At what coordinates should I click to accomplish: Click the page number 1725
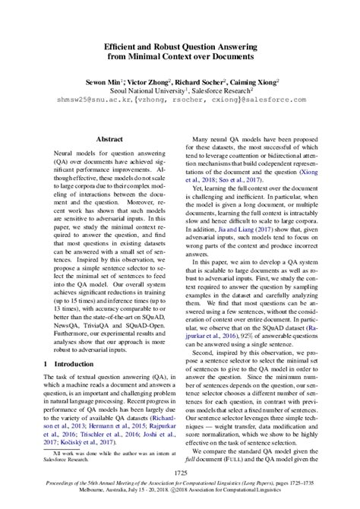pyautogui.click(x=179, y=473)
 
